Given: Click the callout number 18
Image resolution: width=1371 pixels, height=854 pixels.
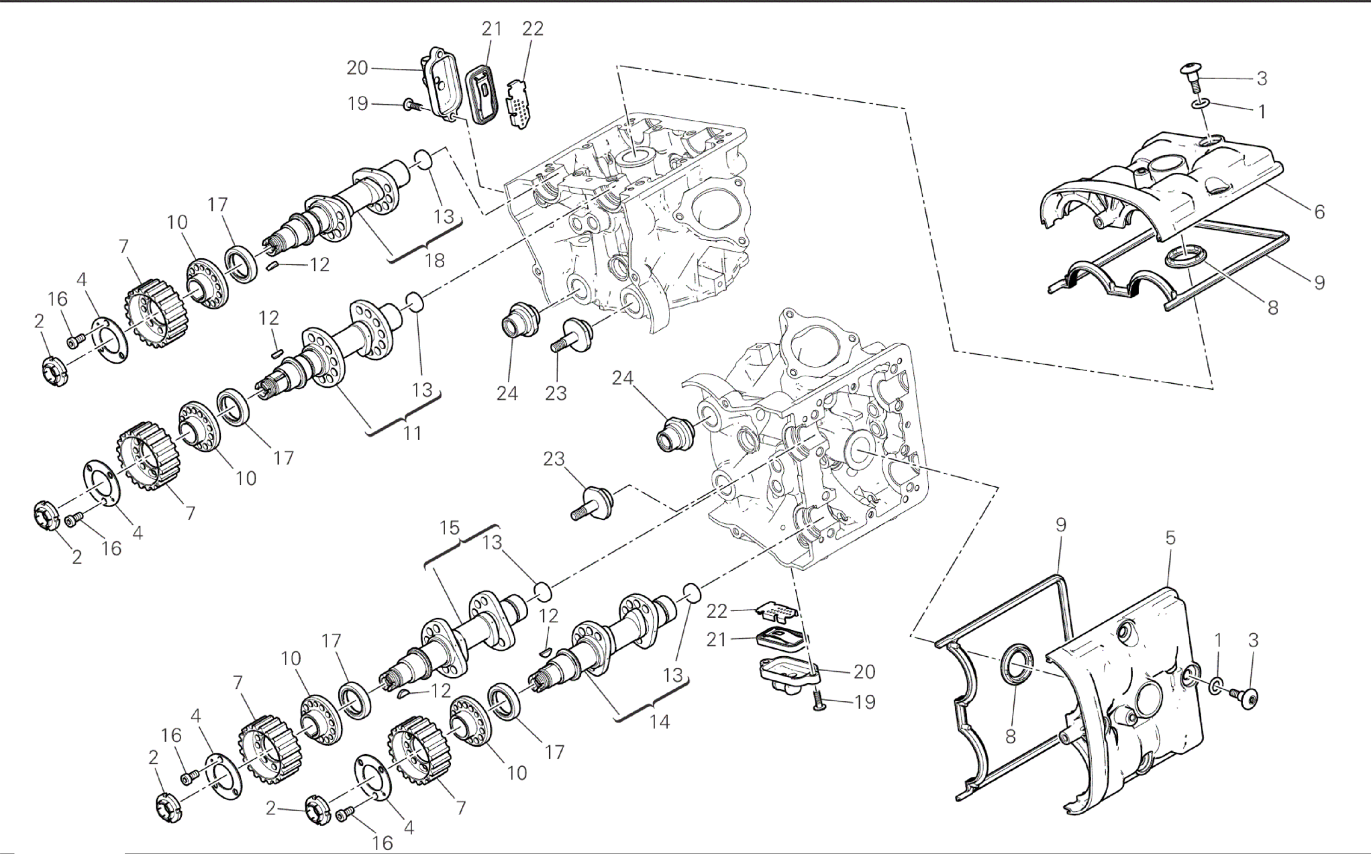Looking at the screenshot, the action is [435, 260].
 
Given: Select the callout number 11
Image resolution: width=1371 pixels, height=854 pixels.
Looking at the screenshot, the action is [412, 433].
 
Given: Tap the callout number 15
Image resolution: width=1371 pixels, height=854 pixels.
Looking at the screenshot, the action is [450, 528].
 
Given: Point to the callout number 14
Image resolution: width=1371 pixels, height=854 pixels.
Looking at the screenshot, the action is [660, 722].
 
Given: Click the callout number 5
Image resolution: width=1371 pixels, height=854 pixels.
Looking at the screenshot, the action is [1170, 537].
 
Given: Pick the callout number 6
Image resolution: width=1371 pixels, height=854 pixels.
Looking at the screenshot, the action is [1319, 212].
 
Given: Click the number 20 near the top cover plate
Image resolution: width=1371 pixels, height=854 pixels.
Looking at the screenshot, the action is [357, 68].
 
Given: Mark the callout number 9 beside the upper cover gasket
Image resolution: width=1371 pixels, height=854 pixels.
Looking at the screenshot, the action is [1319, 282].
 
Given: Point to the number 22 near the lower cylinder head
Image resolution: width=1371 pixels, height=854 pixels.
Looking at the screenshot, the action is [717, 610].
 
